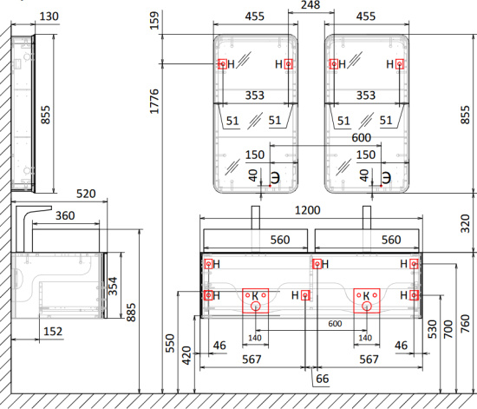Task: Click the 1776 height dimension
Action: [154, 102]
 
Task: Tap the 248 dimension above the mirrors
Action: [310, 4]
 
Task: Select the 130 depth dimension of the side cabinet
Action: [49, 16]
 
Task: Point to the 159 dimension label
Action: [154, 20]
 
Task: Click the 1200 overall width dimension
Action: [308, 210]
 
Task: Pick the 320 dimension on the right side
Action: [465, 223]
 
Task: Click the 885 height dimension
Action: [131, 312]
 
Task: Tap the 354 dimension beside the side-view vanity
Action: [113, 286]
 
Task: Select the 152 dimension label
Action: [53, 332]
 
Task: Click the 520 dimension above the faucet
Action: [86, 194]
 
